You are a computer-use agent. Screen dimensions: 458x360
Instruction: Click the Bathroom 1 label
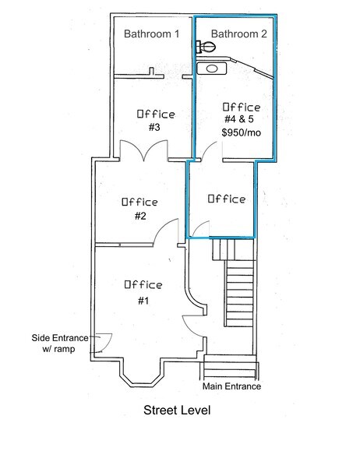[152, 34]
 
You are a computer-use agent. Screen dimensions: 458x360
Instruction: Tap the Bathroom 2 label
[238, 34]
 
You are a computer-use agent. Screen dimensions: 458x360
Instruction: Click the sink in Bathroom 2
[211, 69]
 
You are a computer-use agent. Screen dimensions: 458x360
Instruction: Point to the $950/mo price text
[240, 133]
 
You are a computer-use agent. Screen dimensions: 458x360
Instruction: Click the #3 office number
[154, 128]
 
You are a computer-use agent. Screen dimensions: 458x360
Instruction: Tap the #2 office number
[139, 216]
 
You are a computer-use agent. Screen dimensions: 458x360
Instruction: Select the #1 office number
[143, 301]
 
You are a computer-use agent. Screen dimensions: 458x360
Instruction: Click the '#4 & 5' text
[241, 120]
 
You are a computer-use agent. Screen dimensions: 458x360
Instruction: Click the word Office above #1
[143, 285]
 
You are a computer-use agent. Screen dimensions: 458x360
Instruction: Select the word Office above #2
[139, 202]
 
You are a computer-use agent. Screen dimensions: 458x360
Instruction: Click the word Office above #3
[156, 114]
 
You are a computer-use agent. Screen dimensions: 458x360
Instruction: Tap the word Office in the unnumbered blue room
[227, 199]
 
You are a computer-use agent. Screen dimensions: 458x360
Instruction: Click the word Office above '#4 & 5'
[242, 107]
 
